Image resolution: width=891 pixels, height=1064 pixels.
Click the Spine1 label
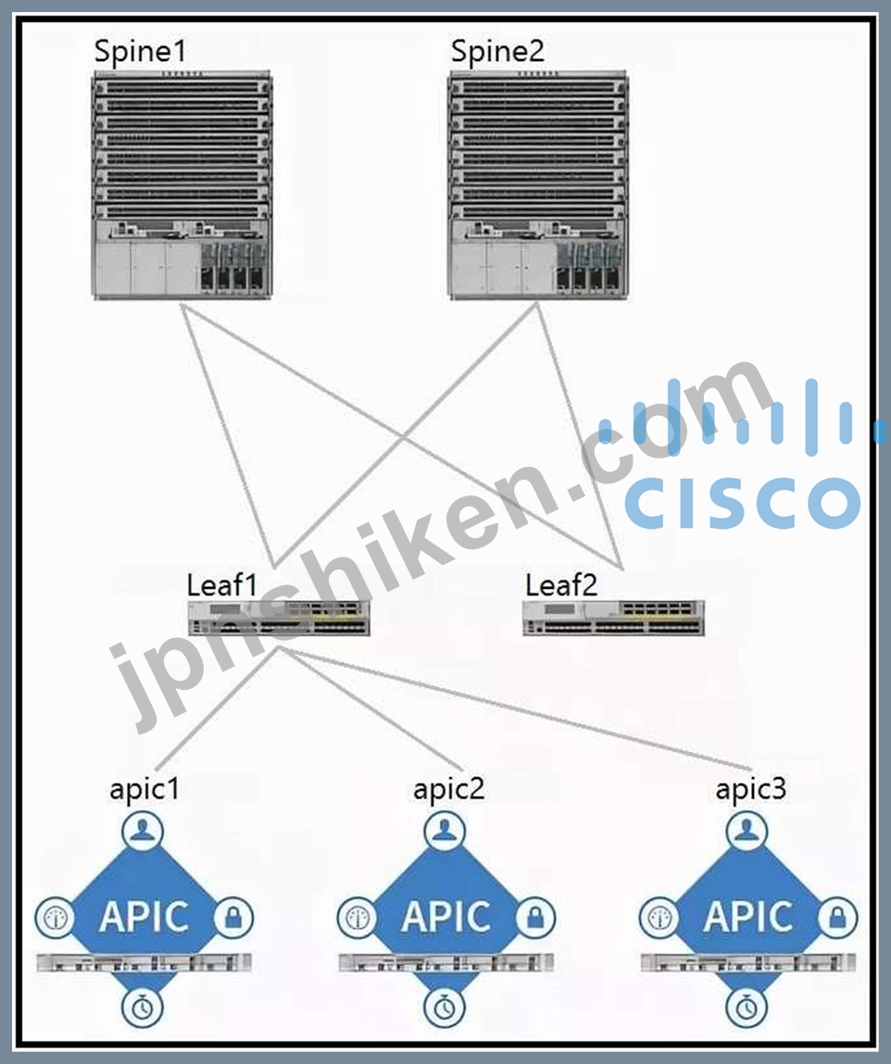click(x=140, y=52)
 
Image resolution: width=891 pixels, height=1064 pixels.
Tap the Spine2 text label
click(x=497, y=52)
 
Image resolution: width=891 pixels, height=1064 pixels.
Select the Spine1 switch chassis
click(x=182, y=184)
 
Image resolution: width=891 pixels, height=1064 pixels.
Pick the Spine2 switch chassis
click(x=538, y=184)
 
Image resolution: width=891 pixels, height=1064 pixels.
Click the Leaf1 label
click(x=222, y=585)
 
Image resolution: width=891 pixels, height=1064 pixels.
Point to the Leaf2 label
click(x=561, y=585)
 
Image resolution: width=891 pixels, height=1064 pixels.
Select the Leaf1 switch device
click(x=279, y=619)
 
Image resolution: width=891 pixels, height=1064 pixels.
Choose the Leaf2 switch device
click(x=613, y=619)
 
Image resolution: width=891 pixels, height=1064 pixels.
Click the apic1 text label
click(x=144, y=790)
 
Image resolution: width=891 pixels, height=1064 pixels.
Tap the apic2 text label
click(x=448, y=790)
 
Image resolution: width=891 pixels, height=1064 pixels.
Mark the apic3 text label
click(x=750, y=790)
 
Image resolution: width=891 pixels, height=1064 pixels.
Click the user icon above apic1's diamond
click(x=143, y=831)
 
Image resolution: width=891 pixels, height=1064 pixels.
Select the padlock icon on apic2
click(x=535, y=918)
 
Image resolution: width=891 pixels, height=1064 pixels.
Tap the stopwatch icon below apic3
click(x=747, y=1007)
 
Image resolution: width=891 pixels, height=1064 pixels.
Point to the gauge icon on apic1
click(x=55, y=918)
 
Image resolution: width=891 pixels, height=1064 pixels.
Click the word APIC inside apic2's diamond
click(x=445, y=918)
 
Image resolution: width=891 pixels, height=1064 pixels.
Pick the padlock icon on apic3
click(x=837, y=918)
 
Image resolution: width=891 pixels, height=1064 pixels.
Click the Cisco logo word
click(x=743, y=502)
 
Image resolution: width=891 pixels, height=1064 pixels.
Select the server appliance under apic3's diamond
click(x=747, y=962)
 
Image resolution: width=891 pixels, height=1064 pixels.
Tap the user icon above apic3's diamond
click(x=747, y=831)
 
